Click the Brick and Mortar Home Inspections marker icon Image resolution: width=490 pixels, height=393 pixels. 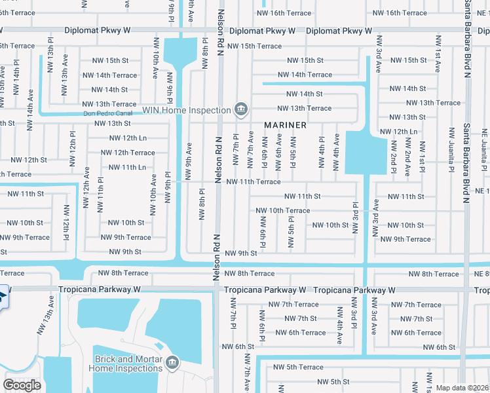pos(172,363)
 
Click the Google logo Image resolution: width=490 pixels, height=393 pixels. pos(22,385)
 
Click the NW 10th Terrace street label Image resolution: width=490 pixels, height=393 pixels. pos(282,210)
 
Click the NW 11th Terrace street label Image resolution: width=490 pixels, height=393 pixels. pos(253,181)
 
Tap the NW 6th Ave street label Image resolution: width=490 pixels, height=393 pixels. pos(279,150)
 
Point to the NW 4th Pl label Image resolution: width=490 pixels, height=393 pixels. pos(322,151)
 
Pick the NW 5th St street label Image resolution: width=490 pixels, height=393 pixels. pos(333,382)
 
